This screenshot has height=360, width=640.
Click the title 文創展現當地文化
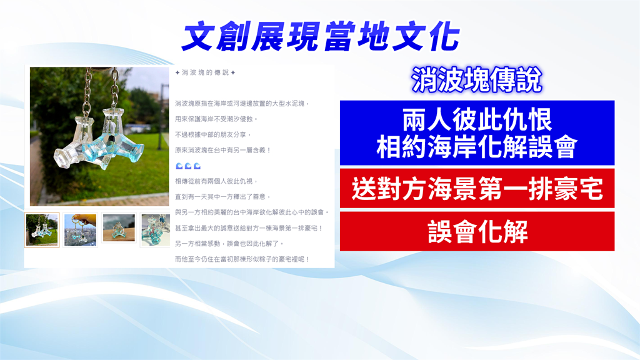click(321, 37)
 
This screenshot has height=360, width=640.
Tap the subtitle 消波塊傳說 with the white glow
click(476, 80)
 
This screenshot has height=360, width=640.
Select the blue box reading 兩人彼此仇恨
click(477, 132)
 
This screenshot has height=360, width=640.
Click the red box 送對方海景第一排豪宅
click(477, 189)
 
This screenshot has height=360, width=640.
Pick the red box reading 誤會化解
click(477, 231)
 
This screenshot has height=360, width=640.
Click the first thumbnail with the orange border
click(42, 230)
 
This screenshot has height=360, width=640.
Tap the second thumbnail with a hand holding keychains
click(81, 230)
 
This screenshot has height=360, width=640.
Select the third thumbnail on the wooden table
click(119, 228)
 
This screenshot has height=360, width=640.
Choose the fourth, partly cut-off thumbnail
click(155, 230)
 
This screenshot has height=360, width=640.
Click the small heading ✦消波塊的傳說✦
click(205, 72)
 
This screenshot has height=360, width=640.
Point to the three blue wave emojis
click(188, 166)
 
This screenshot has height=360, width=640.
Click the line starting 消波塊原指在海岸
click(242, 104)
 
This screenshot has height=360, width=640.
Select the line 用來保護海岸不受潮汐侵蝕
click(216, 119)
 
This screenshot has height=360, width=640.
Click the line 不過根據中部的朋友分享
click(212, 135)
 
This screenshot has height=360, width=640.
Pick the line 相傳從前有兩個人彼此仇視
click(216, 181)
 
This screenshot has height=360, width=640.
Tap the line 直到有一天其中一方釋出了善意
click(223, 197)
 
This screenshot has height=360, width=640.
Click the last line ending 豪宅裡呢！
click(242, 259)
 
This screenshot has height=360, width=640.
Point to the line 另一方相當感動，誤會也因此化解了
click(229, 244)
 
